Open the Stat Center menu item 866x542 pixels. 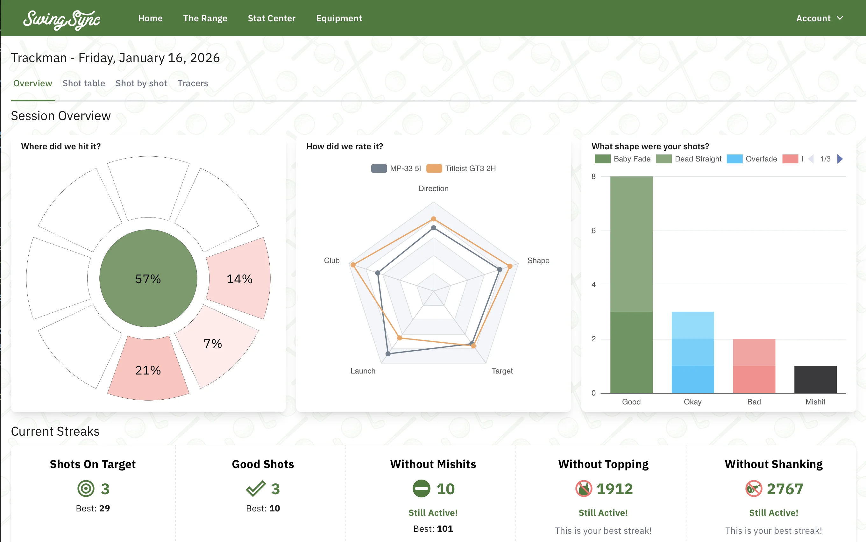point(271,18)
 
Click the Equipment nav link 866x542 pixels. point(338,18)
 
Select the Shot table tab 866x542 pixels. point(83,83)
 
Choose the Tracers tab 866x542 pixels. point(192,83)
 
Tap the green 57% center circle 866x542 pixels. point(148,278)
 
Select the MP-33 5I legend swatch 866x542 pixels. point(379,168)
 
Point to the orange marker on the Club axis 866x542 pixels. point(353,265)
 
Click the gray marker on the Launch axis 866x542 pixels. point(388,354)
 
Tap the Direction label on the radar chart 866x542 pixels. point(433,189)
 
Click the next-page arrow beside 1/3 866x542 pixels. point(840,159)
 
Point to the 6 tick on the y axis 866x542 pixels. point(593,231)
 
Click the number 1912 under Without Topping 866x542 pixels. point(614,489)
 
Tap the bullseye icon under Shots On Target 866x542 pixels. point(86,489)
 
